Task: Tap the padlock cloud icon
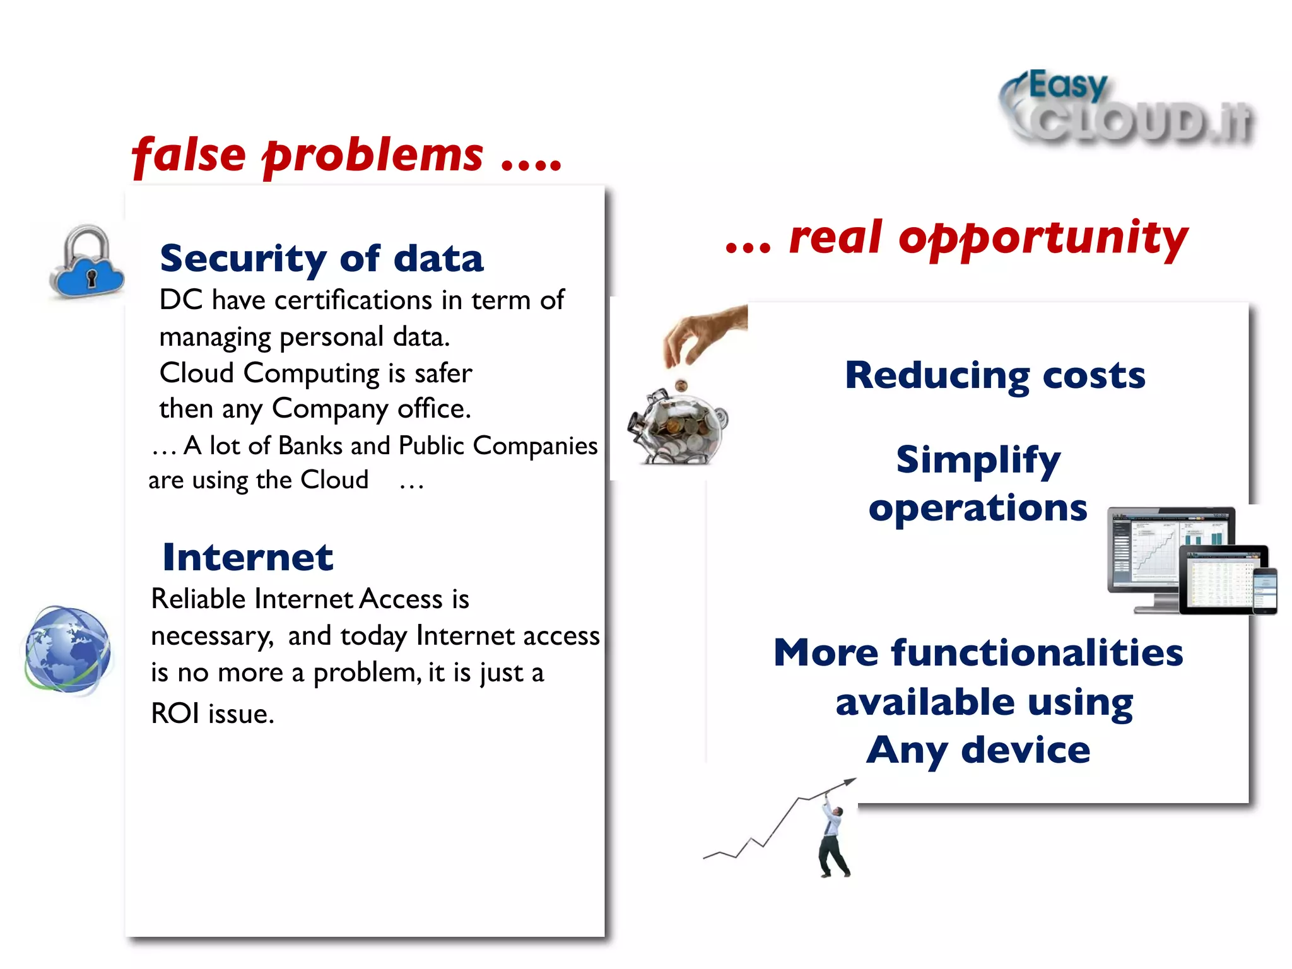point(87,264)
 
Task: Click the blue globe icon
point(68,650)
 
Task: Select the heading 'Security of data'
point(322,259)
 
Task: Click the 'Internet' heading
point(247,558)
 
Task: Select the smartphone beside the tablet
point(1264,590)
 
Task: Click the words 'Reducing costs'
point(995,375)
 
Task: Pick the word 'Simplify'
point(978,459)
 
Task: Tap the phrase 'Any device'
point(978,751)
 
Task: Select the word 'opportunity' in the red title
point(1043,238)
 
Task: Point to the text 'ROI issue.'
point(213,714)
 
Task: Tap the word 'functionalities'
point(1037,653)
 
